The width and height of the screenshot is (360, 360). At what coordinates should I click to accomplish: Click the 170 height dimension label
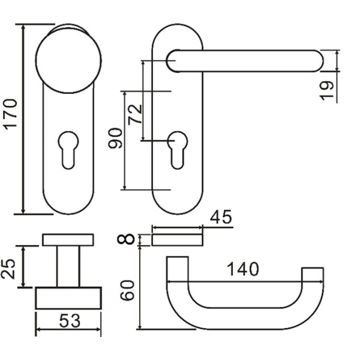[x=11, y=114]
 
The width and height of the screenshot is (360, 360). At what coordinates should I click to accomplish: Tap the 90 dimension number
[x=115, y=138]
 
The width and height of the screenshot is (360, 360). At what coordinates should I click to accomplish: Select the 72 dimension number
[x=135, y=114]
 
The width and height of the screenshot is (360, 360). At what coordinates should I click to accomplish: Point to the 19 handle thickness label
[x=327, y=91]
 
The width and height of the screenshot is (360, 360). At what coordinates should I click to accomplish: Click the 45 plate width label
[x=221, y=217]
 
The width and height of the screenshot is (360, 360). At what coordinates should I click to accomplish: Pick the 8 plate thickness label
[x=125, y=238]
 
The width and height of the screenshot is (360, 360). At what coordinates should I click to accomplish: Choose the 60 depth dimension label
[x=127, y=290]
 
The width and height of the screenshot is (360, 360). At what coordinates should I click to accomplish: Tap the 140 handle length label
[x=243, y=269]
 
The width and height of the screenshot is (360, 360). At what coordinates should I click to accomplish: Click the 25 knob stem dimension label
[x=8, y=269]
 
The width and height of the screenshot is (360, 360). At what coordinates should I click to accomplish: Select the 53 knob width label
[x=70, y=321]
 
